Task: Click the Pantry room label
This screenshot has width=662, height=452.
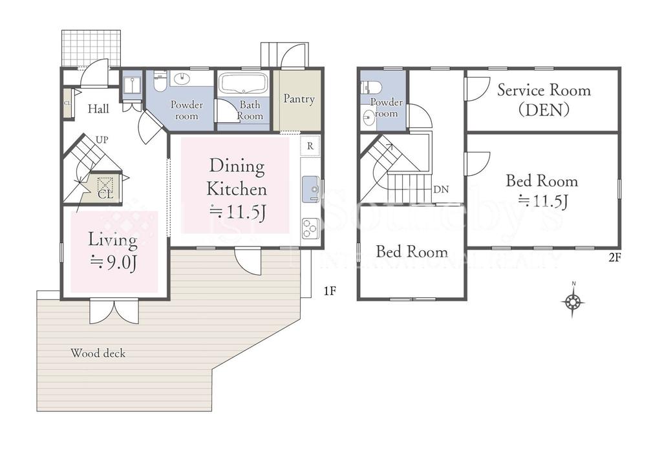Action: click(299, 99)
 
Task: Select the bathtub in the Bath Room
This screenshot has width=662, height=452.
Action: click(244, 84)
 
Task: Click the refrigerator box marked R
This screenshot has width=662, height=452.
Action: click(310, 146)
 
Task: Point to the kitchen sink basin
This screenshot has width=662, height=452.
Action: click(311, 189)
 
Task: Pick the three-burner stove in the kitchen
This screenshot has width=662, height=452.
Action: click(310, 229)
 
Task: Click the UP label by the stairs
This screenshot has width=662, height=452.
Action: click(101, 140)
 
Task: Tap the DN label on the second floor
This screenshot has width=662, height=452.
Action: click(441, 189)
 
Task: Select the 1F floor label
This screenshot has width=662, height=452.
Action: click(330, 291)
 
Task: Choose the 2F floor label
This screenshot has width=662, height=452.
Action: click(615, 257)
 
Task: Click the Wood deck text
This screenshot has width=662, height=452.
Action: click(98, 353)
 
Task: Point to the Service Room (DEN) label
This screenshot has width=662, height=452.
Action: click(544, 100)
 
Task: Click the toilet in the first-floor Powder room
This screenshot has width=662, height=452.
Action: click(160, 81)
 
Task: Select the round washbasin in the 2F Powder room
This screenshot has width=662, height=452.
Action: click(368, 116)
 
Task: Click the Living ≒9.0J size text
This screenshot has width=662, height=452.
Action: click(112, 252)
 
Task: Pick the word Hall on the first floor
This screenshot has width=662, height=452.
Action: click(98, 109)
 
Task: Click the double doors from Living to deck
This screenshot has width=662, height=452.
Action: click(114, 311)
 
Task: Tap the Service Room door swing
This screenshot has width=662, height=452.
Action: click(477, 89)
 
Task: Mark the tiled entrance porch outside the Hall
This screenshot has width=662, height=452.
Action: click(91, 48)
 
